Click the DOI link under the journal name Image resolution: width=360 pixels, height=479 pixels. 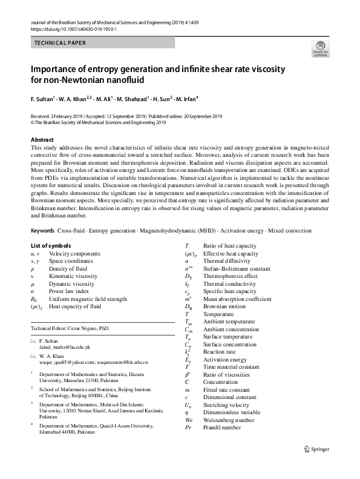pos(73,28)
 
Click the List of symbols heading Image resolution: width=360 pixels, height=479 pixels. pos(50,228)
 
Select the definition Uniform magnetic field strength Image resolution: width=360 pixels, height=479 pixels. pos(88,299)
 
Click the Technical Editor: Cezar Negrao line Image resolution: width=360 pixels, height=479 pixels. pos(70,328)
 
